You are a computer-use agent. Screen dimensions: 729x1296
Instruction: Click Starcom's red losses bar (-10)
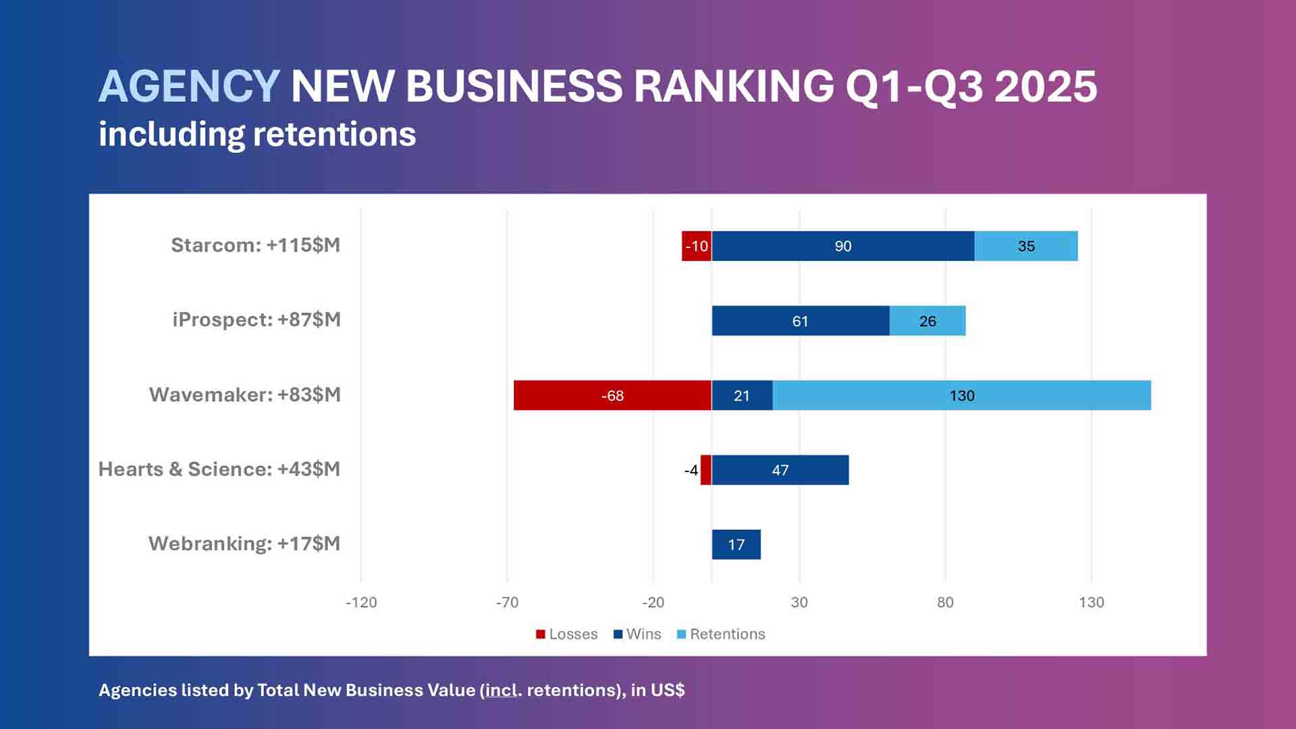[697, 246]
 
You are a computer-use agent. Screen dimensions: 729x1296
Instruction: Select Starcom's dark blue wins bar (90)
[842, 246]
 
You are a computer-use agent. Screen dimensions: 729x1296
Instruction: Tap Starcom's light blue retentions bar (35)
[1026, 246]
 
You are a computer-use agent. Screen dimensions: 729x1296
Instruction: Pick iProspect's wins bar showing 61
[800, 321]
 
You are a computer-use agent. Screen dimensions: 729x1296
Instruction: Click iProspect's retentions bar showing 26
[927, 321]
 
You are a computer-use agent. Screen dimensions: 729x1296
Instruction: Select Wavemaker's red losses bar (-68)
[612, 396]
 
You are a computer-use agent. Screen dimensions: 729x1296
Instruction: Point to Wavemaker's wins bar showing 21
[742, 396]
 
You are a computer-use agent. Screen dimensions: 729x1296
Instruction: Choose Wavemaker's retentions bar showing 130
[962, 396]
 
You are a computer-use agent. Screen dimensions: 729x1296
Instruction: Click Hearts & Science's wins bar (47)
[780, 470]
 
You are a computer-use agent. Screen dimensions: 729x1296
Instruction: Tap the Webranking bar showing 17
[736, 545]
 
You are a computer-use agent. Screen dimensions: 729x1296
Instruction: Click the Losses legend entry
[567, 635]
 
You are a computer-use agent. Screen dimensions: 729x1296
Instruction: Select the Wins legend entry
[637, 635]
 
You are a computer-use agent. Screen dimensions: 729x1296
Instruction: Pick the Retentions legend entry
[721, 635]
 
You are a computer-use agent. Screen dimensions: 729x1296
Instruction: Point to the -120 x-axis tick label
[361, 603]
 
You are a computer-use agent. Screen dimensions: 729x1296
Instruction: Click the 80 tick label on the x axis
[945, 603]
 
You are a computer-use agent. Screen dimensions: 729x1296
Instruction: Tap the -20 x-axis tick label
[653, 603]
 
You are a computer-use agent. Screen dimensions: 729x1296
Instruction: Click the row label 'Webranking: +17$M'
[244, 544]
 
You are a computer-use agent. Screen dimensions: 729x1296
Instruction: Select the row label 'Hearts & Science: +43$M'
[219, 469]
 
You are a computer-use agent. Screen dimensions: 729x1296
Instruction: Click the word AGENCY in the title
[189, 86]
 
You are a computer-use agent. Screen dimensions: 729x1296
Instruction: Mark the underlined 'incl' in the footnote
[501, 691]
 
